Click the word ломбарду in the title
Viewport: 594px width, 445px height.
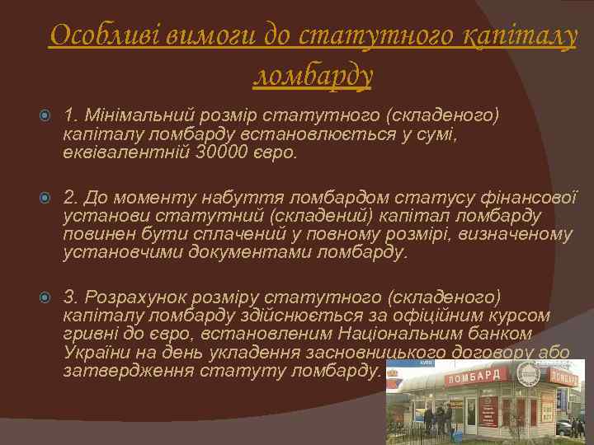point(313,76)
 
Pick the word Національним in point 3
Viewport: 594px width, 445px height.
point(393,334)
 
